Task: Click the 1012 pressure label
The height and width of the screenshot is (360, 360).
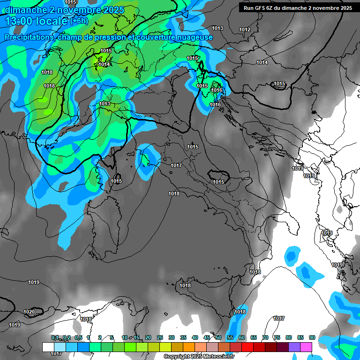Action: (x=245, y=30)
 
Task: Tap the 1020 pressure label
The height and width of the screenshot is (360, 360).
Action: (x=29, y=312)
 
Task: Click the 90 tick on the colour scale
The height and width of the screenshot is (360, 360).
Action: (x=312, y=337)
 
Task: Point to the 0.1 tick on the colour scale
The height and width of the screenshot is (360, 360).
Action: (x=55, y=337)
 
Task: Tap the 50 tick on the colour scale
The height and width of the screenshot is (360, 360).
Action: (x=218, y=337)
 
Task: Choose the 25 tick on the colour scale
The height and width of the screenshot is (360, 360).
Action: (x=160, y=337)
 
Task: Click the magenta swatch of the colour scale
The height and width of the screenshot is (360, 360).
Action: (x=306, y=346)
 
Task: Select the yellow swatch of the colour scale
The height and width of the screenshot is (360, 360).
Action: (x=165, y=346)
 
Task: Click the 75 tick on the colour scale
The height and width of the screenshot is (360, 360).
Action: (x=277, y=337)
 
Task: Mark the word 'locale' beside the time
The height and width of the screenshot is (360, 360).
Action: (x=52, y=21)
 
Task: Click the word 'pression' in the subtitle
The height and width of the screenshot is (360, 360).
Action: (x=117, y=37)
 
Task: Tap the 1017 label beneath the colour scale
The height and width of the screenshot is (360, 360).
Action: (x=56, y=353)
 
